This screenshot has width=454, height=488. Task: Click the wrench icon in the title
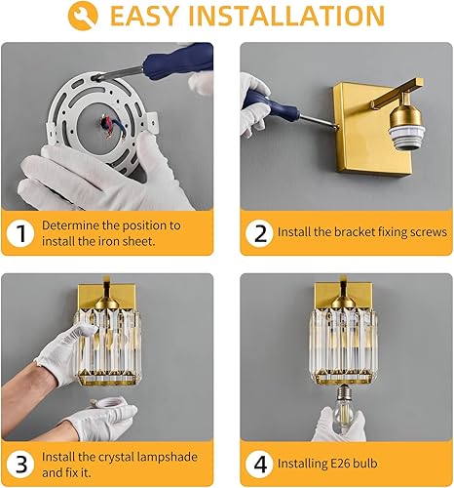[88, 18]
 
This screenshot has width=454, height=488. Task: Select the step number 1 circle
[19, 234]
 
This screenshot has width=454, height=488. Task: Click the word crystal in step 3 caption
[115, 455]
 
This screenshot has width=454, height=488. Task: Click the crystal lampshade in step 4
[346, 342]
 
